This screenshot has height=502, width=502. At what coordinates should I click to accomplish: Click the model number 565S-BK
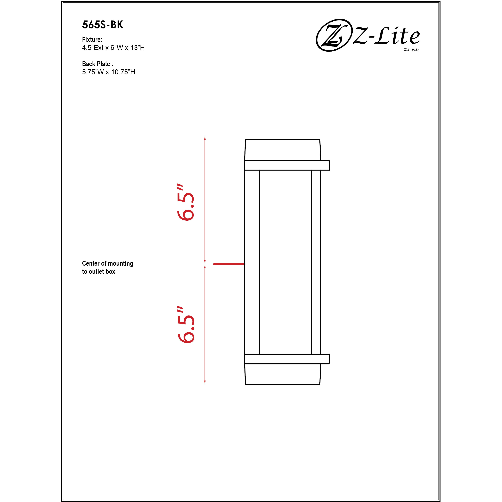pos(103,25)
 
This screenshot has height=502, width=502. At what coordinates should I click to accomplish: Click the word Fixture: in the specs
pos(92,40)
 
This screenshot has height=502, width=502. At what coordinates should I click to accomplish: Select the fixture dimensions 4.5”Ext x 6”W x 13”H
pos(113,48)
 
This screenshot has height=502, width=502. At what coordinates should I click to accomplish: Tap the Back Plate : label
pos(97,64)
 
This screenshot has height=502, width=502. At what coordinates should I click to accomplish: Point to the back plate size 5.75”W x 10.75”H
pos(108,72)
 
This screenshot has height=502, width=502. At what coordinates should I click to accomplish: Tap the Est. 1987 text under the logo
pos(411,49)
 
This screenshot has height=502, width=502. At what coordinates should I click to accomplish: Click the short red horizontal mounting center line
pos(229,264)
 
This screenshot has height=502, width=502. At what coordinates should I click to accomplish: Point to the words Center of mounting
pos(108,264)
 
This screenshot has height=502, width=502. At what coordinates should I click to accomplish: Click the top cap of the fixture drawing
pos(282,150)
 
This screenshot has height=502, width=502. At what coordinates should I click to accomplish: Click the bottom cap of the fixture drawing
pos(282,374)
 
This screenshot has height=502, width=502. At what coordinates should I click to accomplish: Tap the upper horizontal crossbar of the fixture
pos(287,165)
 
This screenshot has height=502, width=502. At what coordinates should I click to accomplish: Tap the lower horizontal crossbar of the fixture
pos(287,359)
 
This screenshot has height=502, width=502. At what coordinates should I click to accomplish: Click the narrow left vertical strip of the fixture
pos(252,262)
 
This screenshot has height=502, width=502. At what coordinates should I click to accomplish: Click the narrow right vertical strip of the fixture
pos(316,262)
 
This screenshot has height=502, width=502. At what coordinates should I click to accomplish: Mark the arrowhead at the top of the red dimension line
pos(205,138)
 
